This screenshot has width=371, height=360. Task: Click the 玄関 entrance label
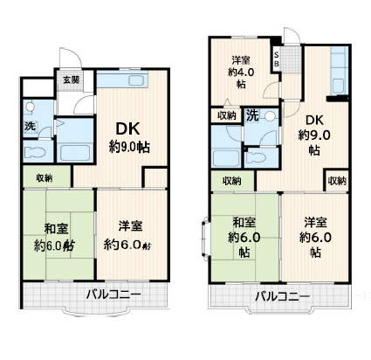point(72,80)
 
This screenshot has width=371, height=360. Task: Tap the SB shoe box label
point(277,59)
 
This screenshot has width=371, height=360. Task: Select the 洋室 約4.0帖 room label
point(241,73)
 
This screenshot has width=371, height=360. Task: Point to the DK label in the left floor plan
point(127,128)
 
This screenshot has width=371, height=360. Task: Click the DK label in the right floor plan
point(314,120)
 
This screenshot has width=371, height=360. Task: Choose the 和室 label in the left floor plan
point(56,229)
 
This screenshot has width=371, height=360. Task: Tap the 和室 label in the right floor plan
point(244,223)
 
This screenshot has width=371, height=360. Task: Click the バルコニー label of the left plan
point(113,294)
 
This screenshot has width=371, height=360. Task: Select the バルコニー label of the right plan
point(282,297)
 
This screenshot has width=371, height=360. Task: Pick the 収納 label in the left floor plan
point(45,177)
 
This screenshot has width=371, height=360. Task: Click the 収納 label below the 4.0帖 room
point(227,115)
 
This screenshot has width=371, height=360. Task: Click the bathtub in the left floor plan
point(75,152)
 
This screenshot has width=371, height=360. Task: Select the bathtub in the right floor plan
point(226,157)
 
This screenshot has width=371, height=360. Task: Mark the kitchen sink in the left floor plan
point(136,80)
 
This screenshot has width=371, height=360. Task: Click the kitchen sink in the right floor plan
point(339,87)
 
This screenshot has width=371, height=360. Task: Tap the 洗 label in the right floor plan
point(252,116)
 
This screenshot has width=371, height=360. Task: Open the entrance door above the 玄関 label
point(71,58)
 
